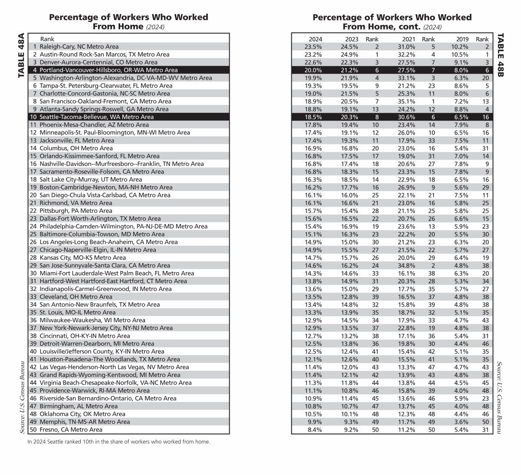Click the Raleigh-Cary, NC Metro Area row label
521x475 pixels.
[79, 46]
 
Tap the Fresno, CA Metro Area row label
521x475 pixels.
[71, 429]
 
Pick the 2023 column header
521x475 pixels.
[352, 39]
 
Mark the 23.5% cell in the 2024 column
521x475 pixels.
[313, 46]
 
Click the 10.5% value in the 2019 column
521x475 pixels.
[460, 54]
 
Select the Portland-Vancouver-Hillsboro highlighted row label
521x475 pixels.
[109, 70]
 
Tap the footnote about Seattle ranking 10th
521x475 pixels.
[119, 442]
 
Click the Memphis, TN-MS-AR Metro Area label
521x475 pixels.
[85, 422]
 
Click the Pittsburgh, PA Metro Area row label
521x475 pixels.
[76, 211]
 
